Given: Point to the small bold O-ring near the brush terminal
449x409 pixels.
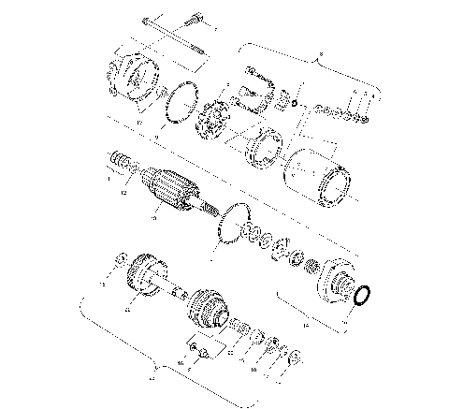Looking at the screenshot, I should click(295, 103).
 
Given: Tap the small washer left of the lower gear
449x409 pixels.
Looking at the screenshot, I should click(120, 259).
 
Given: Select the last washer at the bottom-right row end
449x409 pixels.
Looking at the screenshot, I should click(293, 357).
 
